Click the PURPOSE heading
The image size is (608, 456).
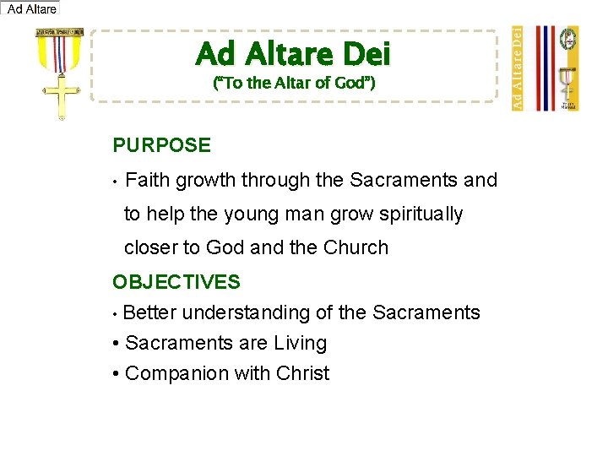point(161,145)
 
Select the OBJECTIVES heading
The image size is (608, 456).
point(176,282)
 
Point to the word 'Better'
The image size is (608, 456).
point(149,313)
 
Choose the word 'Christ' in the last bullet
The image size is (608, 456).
point(299,374)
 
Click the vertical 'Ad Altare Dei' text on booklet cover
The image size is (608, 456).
point(518,68)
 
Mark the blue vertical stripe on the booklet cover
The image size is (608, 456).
point(540,68)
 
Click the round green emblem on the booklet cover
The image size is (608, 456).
point(571,39)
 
